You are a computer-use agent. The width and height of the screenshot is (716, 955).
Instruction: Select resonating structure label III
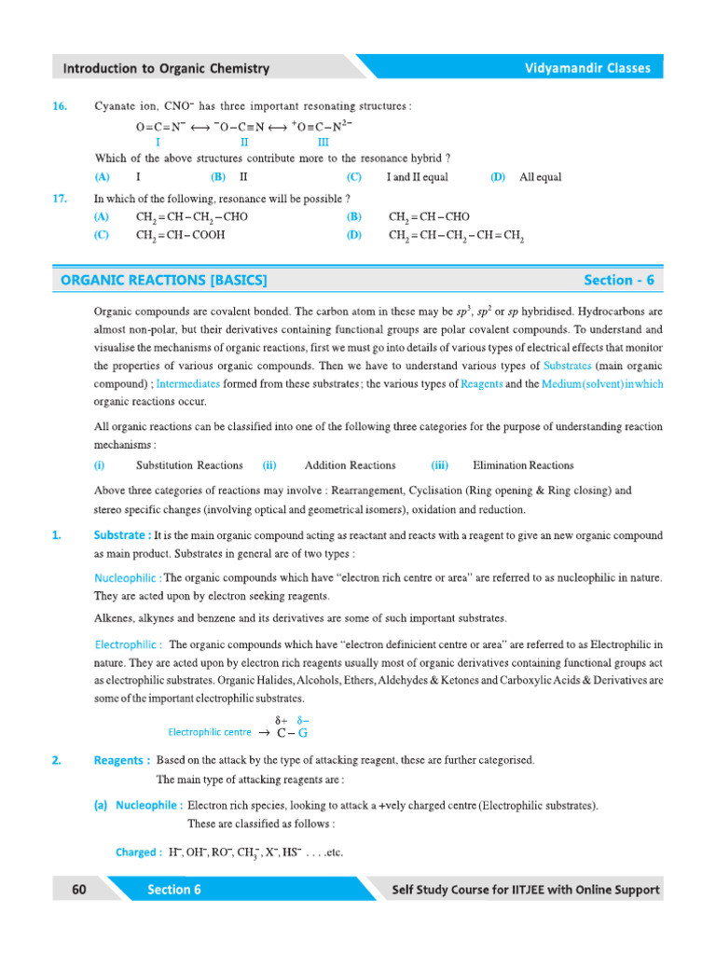[324, 143]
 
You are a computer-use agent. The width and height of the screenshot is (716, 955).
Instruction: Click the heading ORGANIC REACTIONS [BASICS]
[164, 280]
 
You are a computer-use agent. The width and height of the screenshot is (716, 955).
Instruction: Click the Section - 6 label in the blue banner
[619, 280]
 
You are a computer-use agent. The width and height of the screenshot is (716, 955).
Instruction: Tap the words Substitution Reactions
[189, 465]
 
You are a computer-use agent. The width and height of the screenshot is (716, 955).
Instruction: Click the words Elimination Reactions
[523, 465]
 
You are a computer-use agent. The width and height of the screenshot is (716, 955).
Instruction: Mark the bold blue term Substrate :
[123, 535]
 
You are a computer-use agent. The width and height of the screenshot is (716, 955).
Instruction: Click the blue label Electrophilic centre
[210, 732]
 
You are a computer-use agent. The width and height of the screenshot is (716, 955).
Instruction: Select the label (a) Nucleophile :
[138, 805]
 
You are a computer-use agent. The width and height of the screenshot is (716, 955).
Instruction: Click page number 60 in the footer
[78, 890]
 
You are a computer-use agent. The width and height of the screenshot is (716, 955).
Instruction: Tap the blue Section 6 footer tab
[174, 890]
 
